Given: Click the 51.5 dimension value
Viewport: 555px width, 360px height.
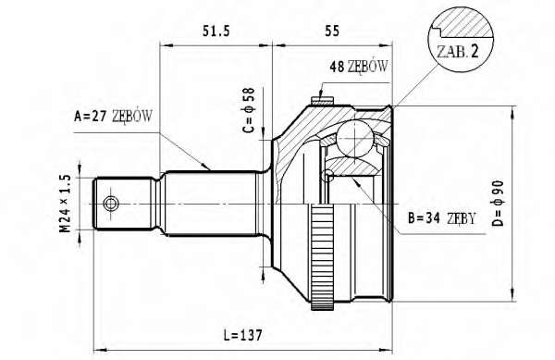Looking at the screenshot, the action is click(216, 31).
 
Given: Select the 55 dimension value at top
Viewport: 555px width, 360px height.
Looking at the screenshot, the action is click(332, 31).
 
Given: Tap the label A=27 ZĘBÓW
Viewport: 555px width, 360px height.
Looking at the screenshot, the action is click(113, 116).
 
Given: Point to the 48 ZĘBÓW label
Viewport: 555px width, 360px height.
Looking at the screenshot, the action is click(359, 67).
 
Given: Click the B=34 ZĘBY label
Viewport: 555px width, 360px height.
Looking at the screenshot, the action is click(441, 218).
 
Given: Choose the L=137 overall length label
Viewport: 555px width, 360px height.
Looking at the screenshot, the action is click(243, 334).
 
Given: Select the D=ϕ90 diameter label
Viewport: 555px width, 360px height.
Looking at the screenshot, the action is click(498, 204).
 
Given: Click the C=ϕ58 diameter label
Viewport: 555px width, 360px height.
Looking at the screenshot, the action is click(249, 110).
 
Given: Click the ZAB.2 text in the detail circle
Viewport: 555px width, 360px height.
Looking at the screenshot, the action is click(458, 52).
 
